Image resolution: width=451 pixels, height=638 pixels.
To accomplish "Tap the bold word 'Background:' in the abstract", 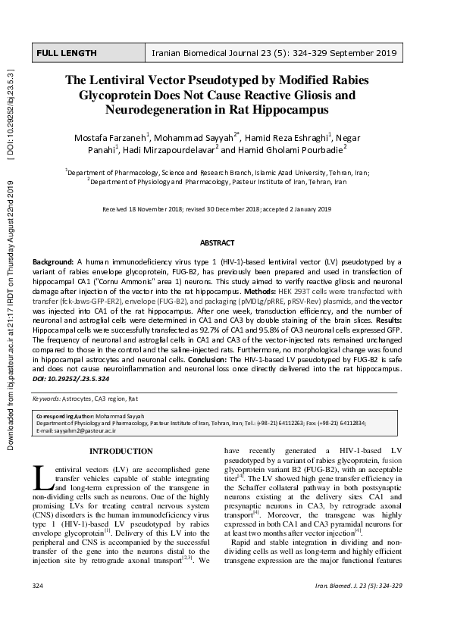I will pyautogui.click(x=52, y=261).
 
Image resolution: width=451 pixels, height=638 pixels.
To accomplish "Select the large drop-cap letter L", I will pyautogui.click(x=43, y=477).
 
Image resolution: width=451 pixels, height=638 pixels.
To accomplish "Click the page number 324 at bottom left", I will pyautogui.click(x=39, y=608).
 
